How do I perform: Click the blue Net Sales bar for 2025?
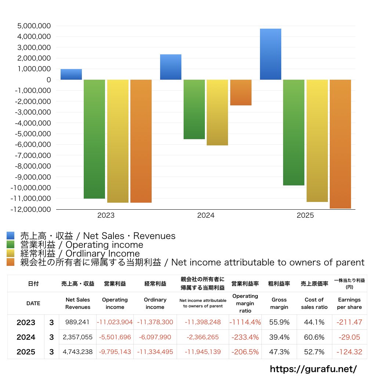pyautogui.click(x=270, y=54)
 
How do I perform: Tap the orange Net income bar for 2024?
pyautogui.click(x=241, y=93)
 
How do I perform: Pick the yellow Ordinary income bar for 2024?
pyautogui.click(x=217, y=112)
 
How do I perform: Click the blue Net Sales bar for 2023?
pyautogui.click(x=71, y=75)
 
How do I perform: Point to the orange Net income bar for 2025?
pyautogui.click(x=340, y=144)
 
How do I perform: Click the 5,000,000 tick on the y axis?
pyautogui.click(x=33, y=26)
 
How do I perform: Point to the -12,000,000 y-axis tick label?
pyautogui.click(x=32, y=209)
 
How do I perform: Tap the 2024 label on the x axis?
pyautogui.click(x=206, y=216)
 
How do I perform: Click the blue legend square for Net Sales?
pyautogui.click(x=11, y=236)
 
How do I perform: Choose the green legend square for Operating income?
pyautogui.click(x=11, y=245)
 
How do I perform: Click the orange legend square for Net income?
pyautogui.click(x=11, y=262)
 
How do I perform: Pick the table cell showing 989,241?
pyautogui.click(x=78, y=322)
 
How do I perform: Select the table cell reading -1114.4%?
pyautogui.click(x=245, y=322)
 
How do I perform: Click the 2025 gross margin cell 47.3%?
pyautogui.click(x=279, y=352)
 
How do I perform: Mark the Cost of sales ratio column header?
pyautogui.click(x=314, y=303)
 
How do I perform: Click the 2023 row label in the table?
pyautogui.click(x=26, y=322)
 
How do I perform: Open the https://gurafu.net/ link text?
pyautogui.click(x=313, y=368)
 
